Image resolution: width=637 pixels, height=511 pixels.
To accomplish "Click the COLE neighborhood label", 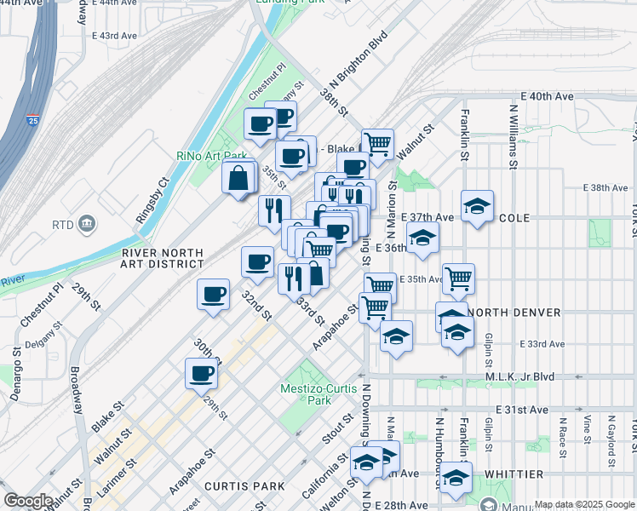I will [514, 218].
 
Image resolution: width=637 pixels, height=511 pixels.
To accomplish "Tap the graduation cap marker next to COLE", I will [477, 206].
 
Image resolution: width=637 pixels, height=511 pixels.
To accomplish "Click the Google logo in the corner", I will [28, 501].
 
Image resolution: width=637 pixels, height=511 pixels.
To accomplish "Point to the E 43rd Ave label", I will [113, 36].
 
